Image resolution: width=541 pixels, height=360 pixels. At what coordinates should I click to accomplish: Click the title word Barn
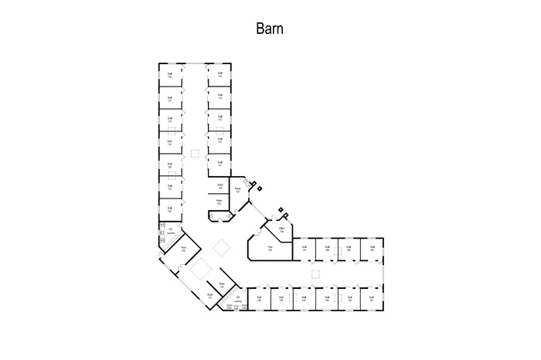click(270, 29)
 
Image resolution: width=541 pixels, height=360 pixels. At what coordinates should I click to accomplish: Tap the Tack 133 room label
click(270, 248)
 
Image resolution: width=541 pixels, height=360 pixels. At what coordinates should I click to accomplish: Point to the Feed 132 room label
click(184, 249)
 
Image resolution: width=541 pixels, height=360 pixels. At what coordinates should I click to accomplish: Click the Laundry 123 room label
click(170, 231)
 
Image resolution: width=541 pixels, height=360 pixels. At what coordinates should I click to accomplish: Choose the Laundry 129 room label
click(238, 299)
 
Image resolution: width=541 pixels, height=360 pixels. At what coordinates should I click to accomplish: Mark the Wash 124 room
click(219, 186)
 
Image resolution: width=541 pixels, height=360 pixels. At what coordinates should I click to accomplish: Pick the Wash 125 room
click(219, 202)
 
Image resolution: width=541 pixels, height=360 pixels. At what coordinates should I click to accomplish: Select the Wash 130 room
click(221, 285)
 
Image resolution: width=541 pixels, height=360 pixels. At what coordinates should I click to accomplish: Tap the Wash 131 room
click(209, 297)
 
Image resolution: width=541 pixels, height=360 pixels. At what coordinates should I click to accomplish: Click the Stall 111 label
click(220, 164)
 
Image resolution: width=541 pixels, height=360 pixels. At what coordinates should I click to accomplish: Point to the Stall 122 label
click(169, 209)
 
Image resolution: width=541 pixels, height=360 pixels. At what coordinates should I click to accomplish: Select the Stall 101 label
click(372, 297)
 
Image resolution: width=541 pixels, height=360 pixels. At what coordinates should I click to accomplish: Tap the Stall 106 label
click(260, 297)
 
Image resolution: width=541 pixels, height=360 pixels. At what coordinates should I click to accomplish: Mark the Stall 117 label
click(169, 98)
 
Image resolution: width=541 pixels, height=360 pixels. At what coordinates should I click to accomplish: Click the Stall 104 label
click(305, 297)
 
